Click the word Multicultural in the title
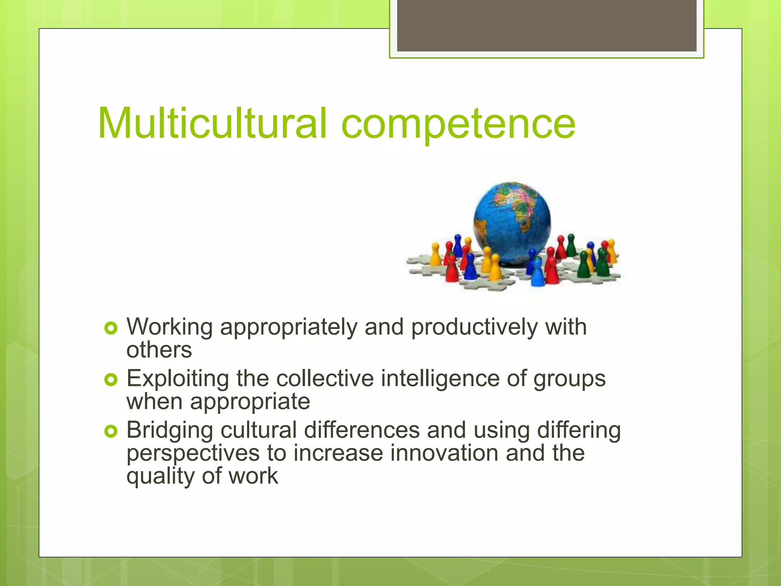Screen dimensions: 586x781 click(x=212, y=123)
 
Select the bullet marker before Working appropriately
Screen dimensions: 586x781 click(x=111, y=328)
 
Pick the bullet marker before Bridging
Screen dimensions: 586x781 click(x=111, y=431)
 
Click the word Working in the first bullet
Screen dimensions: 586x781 click(x=169, y=328)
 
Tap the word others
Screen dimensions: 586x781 click(x=159, y=350)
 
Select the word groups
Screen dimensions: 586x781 click(x=569, y=379)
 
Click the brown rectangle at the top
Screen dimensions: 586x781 click(x=546, y=26)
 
